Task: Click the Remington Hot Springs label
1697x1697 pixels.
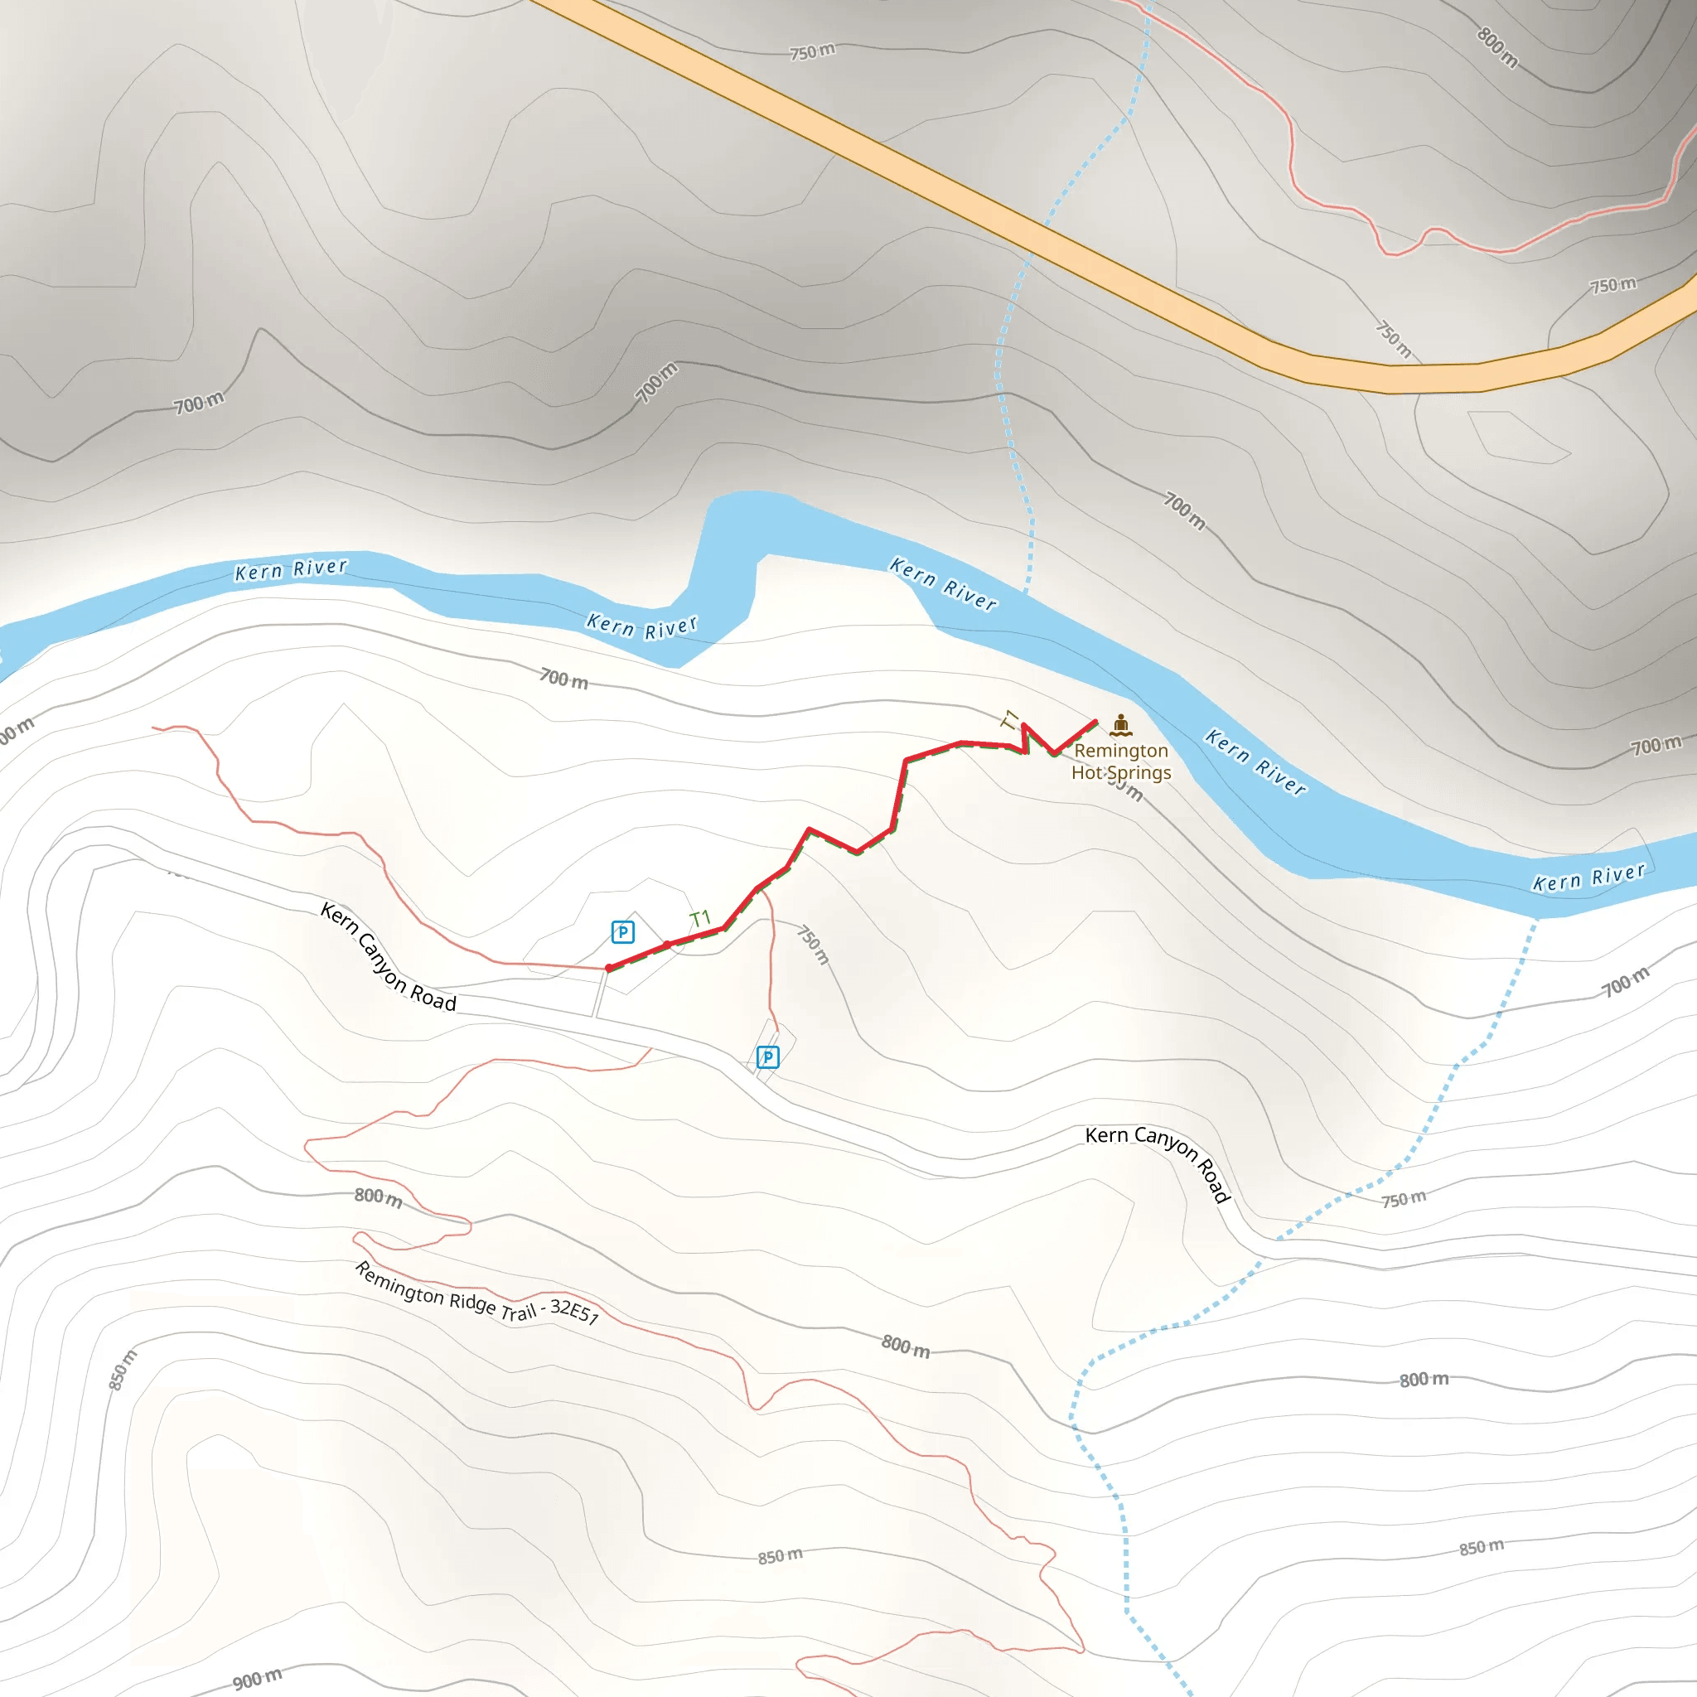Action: [x=1121, y=761]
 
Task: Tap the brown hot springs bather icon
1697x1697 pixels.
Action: [x=1121, y=725]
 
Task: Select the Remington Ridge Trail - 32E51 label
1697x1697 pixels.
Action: [x=477, y=1293]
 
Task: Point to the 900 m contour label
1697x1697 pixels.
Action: [x=258, y=1679]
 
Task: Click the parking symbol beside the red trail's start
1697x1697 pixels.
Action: [x=623, y=932]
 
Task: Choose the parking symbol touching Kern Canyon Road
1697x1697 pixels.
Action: [x=767, y=1056]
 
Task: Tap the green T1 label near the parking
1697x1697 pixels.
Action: [x=700, y=919]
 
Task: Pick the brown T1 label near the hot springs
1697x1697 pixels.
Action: [x=1011, y=720]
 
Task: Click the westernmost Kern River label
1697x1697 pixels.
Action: [x=291, y=569]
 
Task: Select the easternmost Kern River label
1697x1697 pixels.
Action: [x=1588, y=878]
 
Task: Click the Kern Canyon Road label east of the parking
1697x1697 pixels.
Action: [x=1158, y=1159]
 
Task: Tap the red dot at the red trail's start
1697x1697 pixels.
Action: [x=610, y=968]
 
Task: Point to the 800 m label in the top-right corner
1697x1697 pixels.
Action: [x=1497, y=47]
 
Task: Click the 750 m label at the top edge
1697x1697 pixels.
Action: [x=813, y=52]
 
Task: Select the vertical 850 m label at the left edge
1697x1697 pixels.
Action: [x=123, y=1370]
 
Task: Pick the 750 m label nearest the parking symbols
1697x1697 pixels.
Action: [x=814, y=945]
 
